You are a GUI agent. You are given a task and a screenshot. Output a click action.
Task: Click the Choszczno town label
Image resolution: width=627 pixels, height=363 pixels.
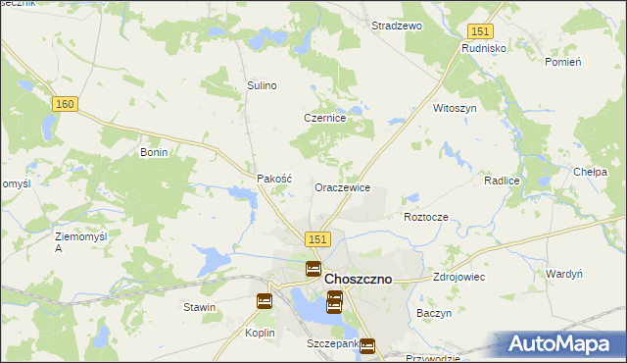pyautogui.click(x=358, y=279)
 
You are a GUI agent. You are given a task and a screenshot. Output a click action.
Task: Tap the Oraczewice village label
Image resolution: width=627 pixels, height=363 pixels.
pyautogui.click(x=342, y=186)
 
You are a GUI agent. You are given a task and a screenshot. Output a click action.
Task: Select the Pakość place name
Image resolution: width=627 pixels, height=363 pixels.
pyautogui.click(x=274, y=179)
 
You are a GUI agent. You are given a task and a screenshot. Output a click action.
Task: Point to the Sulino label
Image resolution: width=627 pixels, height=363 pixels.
pyautogui.click(x=262, y=85)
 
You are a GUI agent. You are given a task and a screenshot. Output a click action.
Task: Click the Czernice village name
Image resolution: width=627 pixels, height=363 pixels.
pyautogui.click(x=324, y=118)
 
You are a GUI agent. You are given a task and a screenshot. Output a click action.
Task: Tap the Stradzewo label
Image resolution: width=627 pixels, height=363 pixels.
pyautogui.click(x=396, y=26)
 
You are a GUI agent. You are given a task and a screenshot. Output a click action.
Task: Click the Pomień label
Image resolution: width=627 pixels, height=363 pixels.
pyautogui.click(x=562, y=62)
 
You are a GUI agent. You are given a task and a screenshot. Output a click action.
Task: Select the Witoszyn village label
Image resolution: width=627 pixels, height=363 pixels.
pyautogui.click(x=455, y=109)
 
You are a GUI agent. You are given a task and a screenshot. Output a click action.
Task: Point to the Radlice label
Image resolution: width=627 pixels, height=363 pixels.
pyautogui.click(x=501, y=181)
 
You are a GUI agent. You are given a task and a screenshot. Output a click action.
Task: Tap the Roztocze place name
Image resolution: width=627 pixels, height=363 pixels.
pyautogui.click(x=426, y=216)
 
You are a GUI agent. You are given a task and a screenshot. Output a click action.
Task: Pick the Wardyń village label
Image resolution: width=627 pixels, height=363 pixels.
pyautogui.click(x=564, y=274)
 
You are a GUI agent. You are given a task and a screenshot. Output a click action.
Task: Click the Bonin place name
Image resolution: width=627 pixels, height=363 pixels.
pyautogui.click(x=155, y=153)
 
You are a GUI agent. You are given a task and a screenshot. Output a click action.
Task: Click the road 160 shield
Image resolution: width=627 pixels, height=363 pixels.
pyautogui.click(x=66, y=105)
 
